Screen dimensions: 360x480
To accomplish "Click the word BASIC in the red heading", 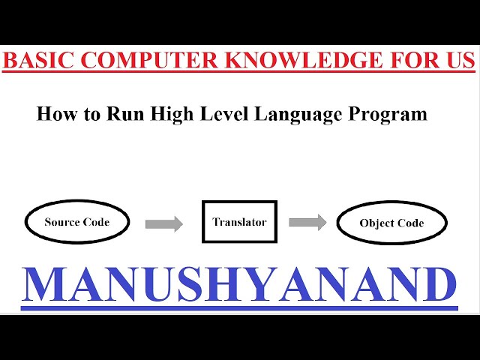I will pyautogui.click(x=34, y=59).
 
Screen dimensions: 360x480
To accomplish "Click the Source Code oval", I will pyautogui.click(x=77, y=222).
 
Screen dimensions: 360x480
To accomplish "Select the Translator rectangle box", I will pyautogui.click(x=239, y=222).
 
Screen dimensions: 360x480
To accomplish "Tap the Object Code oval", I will pyautogui.click(x=391, y=223).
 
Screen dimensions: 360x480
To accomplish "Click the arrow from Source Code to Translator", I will pyautogui.click(x=163, y=223).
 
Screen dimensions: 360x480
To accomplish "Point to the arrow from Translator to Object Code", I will pyautogui.click(x=307, y=222).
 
